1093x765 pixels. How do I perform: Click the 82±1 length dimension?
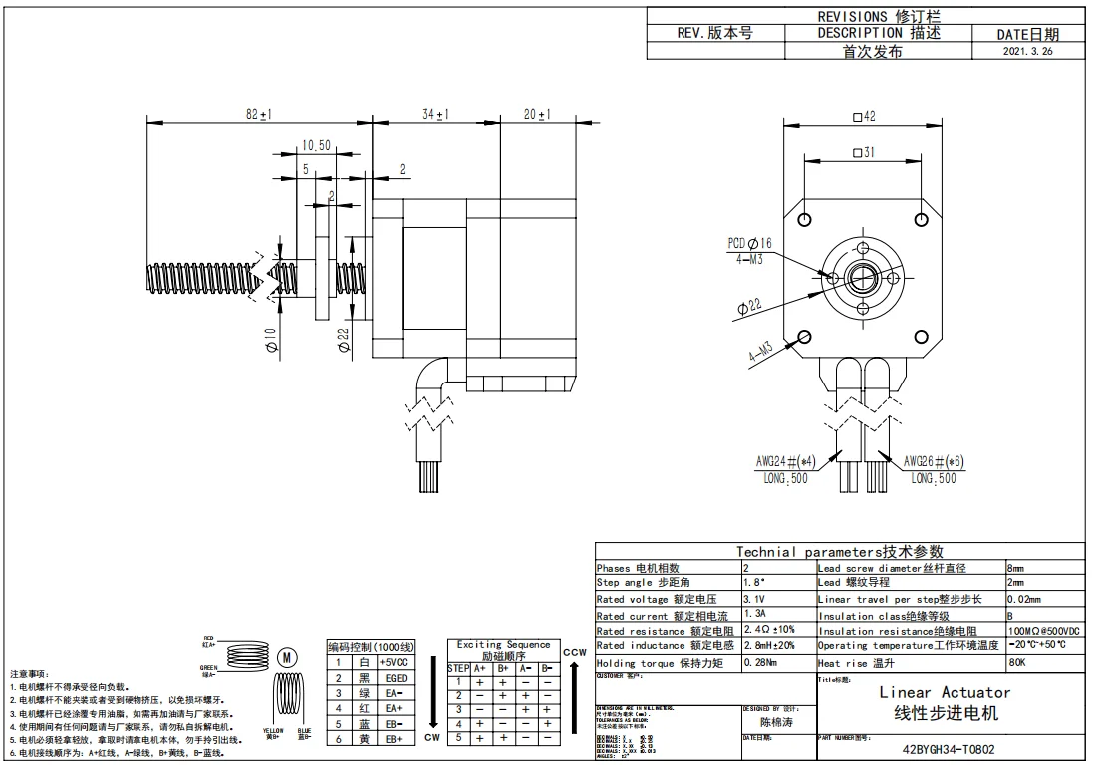coord(259,115)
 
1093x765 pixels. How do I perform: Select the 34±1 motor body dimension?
coord(435,115)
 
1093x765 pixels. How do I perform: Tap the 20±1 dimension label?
coord(537,115)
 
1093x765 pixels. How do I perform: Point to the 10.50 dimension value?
coord(316,145)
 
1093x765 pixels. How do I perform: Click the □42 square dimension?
coord(864,117)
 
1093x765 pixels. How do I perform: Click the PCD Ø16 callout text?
coord(750,243)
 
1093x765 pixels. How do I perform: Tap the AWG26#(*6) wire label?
coord(934,462)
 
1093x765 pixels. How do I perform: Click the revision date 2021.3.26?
coord(1027,51)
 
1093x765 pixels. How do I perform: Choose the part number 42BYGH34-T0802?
coord(948,750)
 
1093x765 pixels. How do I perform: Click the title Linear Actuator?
coord(945,692)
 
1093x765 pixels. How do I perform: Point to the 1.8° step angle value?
coord(756,582)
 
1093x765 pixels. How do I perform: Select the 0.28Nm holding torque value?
coord(764,662)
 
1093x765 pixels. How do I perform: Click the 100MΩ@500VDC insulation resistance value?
coord(1043,631)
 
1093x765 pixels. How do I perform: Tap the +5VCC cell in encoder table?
coord(396,662)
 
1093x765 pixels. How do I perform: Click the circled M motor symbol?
coord(287,657)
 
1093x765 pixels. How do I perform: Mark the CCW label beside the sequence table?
coord(574,652)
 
